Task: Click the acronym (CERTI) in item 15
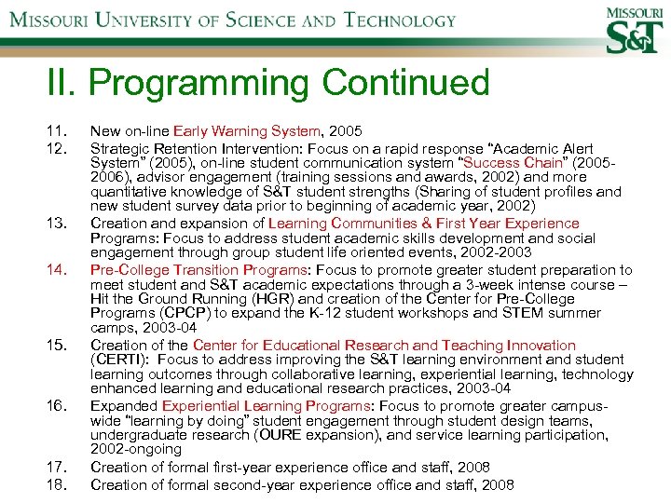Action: (119, 360)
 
